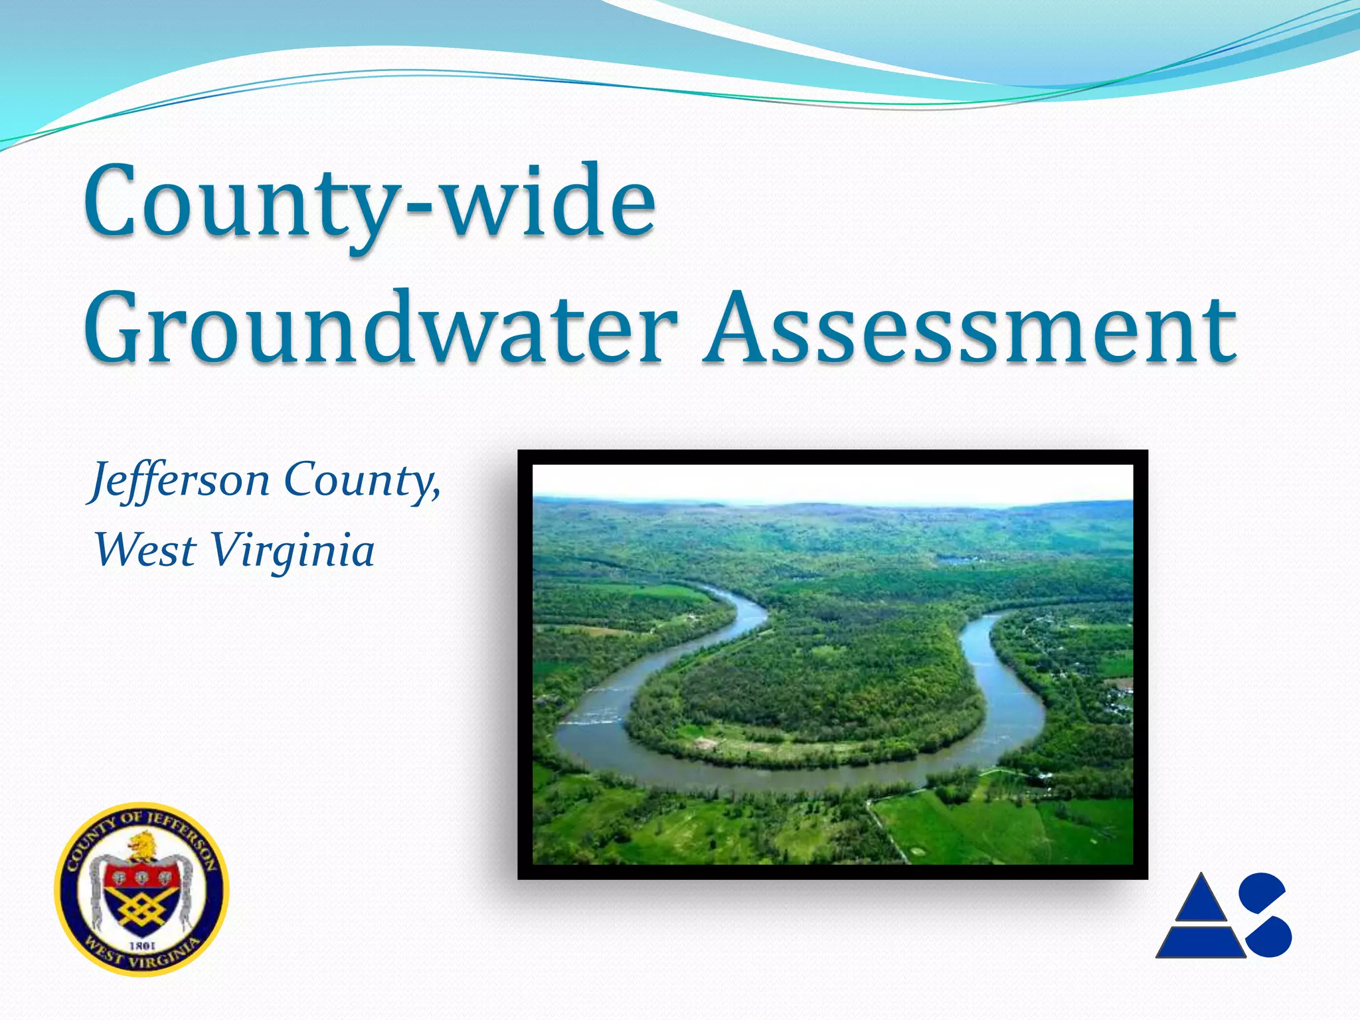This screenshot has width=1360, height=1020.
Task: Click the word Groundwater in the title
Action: click(x=382, y=329)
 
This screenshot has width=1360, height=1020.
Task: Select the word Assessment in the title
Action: click(x=970, y=329)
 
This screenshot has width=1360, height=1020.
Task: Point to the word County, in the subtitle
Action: click(x=363, y=479)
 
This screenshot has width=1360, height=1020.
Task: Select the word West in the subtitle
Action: click(x=145, y=551)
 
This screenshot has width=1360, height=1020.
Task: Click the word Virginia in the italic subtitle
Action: click(x=292, y=551)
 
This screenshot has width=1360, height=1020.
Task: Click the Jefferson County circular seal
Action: click(x=141, y=889)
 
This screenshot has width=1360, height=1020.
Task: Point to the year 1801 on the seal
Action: click(x=142, y=944)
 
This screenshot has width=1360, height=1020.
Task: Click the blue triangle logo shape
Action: click(x=1201, y=920)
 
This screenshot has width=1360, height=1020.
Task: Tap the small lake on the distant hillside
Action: click(x=956, y=560)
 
